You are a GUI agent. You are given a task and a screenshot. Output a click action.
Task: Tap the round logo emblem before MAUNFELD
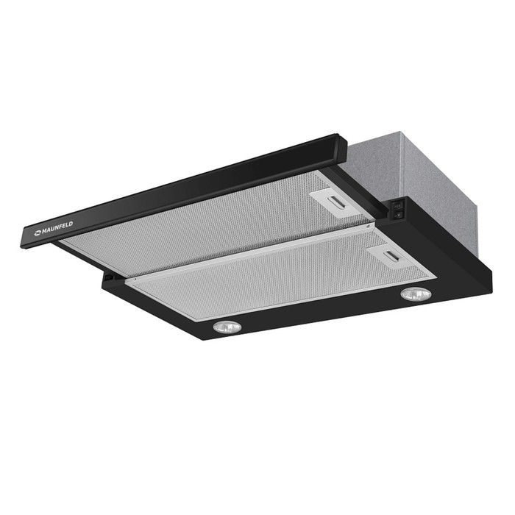(x=38, y=234)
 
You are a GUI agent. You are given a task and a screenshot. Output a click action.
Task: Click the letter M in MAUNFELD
(x=44, y=232)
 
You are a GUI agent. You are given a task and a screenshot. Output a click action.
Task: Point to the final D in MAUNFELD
(x=71, y=224)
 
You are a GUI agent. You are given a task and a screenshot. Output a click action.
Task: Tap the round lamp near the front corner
(x=227, y=327)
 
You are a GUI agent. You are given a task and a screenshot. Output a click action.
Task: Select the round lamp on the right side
(x=416, y=294)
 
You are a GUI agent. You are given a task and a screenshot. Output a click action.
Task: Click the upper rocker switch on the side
(x=397, y=206)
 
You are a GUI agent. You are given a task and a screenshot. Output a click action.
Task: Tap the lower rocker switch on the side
(x=397, y=215)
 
